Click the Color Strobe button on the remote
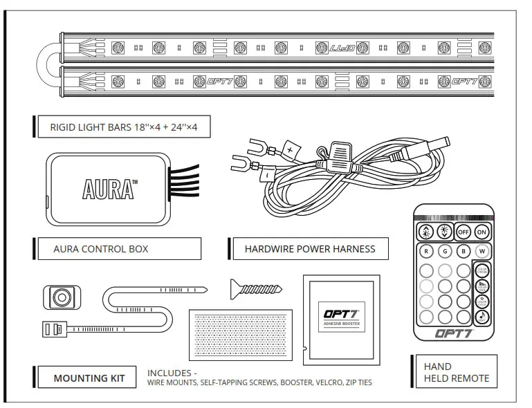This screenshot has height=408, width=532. click(x=482, y=270)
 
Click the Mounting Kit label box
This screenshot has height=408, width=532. click(x=89, y=378)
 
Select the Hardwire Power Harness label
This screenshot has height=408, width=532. click(x=309, y=249)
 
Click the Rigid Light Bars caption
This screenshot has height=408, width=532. click(x=123, y=128)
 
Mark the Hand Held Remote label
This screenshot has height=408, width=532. click(x=456, y=372)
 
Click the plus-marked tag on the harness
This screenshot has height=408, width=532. click(x=289, y=149)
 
